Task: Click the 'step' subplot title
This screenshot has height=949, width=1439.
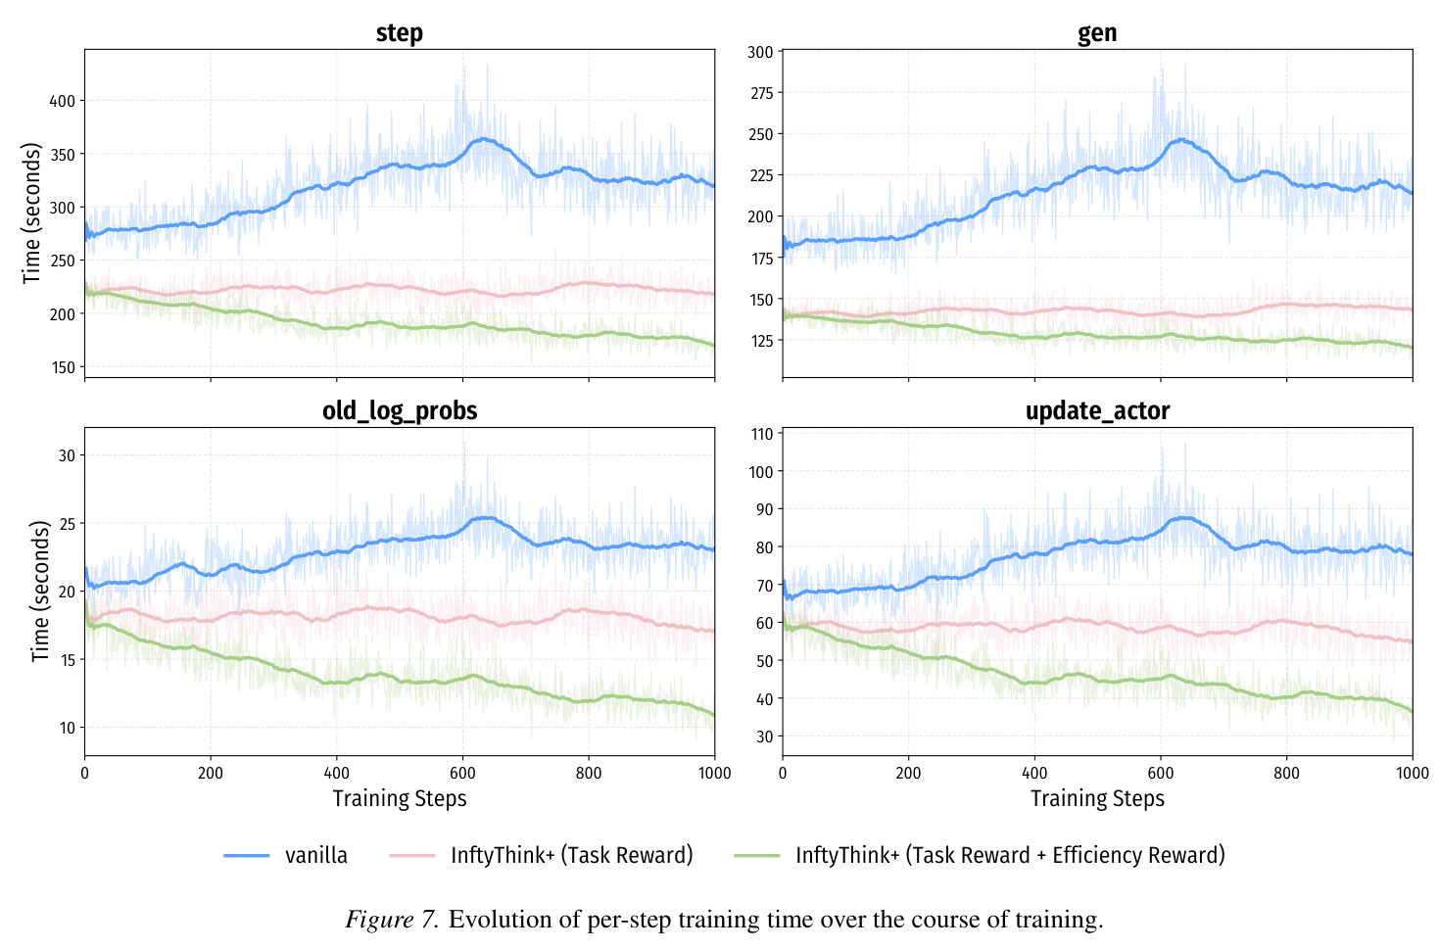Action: (x=399, y=32)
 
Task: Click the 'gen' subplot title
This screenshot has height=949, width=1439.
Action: (x=1096, y=33)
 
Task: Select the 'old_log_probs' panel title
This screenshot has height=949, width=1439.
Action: (x=400, y=411)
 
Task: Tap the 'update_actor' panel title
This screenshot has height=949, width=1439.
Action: (x=1097, y=411)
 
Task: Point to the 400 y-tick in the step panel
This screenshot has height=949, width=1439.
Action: (x=63, y=101)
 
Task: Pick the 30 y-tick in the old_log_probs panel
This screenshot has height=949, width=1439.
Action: (x=67, y=455)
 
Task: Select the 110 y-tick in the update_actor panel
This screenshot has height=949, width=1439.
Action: (x=762, y=434)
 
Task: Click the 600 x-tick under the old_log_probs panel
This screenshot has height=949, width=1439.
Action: (x=462, y=773)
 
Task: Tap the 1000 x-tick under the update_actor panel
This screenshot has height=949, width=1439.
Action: (x=1412, y=773)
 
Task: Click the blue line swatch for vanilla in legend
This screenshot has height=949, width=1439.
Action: (x=246, y=856)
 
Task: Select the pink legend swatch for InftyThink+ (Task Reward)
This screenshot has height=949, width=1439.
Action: (x=411, y=856)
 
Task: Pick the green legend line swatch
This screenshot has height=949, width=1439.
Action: (x=757, y=856)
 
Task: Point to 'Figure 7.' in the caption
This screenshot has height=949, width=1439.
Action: (x=392, y=920)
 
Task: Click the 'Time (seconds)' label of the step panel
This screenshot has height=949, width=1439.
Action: (x=30, y=214)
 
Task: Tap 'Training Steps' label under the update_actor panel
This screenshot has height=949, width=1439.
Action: (x=1097, y=799)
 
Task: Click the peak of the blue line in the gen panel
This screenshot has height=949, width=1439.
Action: (x=1180, y=139)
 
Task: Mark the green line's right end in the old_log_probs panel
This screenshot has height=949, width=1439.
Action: (x=714, y=715)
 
